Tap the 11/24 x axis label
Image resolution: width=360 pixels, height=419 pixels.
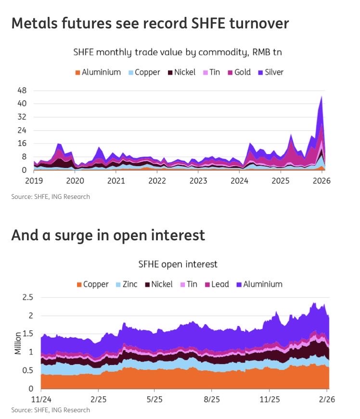tap(41, 400)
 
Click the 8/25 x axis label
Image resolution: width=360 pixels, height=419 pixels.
tap(212, 400)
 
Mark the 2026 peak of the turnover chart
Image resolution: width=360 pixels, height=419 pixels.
tap(321, 96)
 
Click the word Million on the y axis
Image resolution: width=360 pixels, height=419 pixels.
tap(18, 342)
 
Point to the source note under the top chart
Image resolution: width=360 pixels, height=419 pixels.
tap(50, 196)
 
